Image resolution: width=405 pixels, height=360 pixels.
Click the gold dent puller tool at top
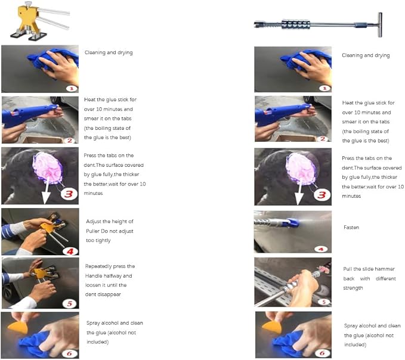pyautogui.click(x=39, y=21)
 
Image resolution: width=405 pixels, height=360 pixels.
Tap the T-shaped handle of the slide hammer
pyautogui.click(x=380, y=25)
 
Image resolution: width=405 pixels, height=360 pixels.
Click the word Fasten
pyautogui.click(x=351, y=227)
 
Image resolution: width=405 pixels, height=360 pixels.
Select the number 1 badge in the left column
pyautogui.click(x=72, y=89)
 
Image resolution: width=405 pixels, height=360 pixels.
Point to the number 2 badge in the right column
pyautogui.click(x=323, y=139)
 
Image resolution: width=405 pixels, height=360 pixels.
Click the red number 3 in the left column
pyautogui.click(x=69, y=194)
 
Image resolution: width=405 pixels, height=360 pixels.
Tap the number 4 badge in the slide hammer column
pyautogui.click(x=321, y=249)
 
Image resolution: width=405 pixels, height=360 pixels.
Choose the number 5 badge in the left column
pyautogui.click(x=70, y=303)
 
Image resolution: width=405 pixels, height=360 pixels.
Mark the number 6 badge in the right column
pyautogui.click(x=322, y=353)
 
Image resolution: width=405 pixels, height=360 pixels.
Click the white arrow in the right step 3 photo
pyautogui.click(x=299, y=191)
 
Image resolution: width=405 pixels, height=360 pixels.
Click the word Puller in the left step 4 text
pyautogui.click(x=92, y=231)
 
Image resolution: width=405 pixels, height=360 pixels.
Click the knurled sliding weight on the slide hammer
pyautogui.click(x=296, y=24)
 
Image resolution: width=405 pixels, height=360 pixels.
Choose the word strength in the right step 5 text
pyautogui.click(x=353, y=288)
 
